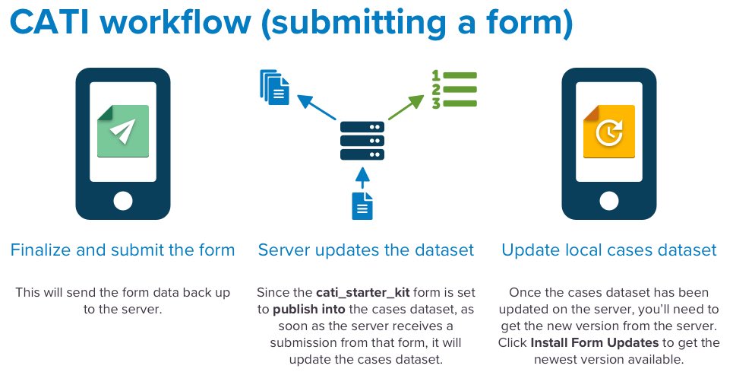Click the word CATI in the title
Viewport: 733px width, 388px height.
click(49, 22)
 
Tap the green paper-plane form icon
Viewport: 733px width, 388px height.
click(123, 131)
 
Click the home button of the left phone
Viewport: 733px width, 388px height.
click(123, 201)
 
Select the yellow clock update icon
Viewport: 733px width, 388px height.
click(609, 132)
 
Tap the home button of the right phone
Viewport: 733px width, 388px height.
click(609, 201)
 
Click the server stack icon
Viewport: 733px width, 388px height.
click(362, 141)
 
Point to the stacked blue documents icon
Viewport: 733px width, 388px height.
click(274, 87)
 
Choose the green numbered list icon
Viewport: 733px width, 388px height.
click(454, 90)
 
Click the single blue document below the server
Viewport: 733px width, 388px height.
click(362, 206)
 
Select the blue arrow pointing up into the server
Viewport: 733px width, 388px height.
click(362, 178)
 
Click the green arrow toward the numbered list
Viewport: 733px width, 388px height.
click(406, 107)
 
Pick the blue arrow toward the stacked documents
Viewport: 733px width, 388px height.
click(317, 107)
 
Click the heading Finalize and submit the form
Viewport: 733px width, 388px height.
click(122, 250)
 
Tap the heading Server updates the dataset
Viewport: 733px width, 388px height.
click(366, 250)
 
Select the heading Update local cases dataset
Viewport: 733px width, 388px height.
click(609, 250)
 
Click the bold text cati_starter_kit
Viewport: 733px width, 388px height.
click(363, 293)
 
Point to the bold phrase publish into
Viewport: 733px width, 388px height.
click(309, 310)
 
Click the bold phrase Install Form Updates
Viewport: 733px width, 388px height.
click(595, 343)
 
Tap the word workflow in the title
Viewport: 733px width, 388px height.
click(176, 22)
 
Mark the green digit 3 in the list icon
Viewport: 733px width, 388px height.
click(436, 103)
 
